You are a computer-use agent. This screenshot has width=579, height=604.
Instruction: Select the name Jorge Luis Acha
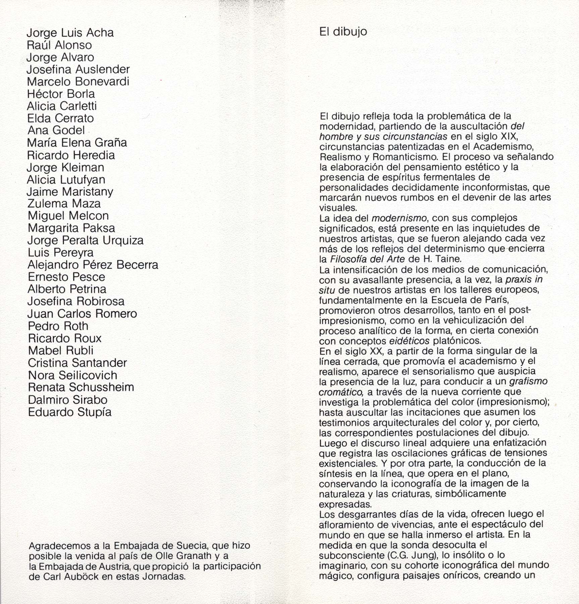[70, 33]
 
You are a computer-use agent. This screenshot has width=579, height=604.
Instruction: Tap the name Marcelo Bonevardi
[78, 82]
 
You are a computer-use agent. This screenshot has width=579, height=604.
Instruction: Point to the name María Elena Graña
[77, 143]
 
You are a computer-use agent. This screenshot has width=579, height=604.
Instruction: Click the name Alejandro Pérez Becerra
[93, 265]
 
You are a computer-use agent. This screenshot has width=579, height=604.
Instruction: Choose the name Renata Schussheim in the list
[81, 387]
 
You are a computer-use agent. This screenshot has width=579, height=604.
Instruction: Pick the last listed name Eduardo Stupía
[69, 412]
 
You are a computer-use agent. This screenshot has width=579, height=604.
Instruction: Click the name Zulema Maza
[64, 204]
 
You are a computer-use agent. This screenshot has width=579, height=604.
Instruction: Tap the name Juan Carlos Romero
[82, 314]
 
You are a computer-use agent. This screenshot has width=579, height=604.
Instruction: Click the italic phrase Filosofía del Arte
[368, 259]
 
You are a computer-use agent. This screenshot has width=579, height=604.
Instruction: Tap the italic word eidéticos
[409, 341]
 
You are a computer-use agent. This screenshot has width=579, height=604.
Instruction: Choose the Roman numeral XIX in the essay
[509, 137]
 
